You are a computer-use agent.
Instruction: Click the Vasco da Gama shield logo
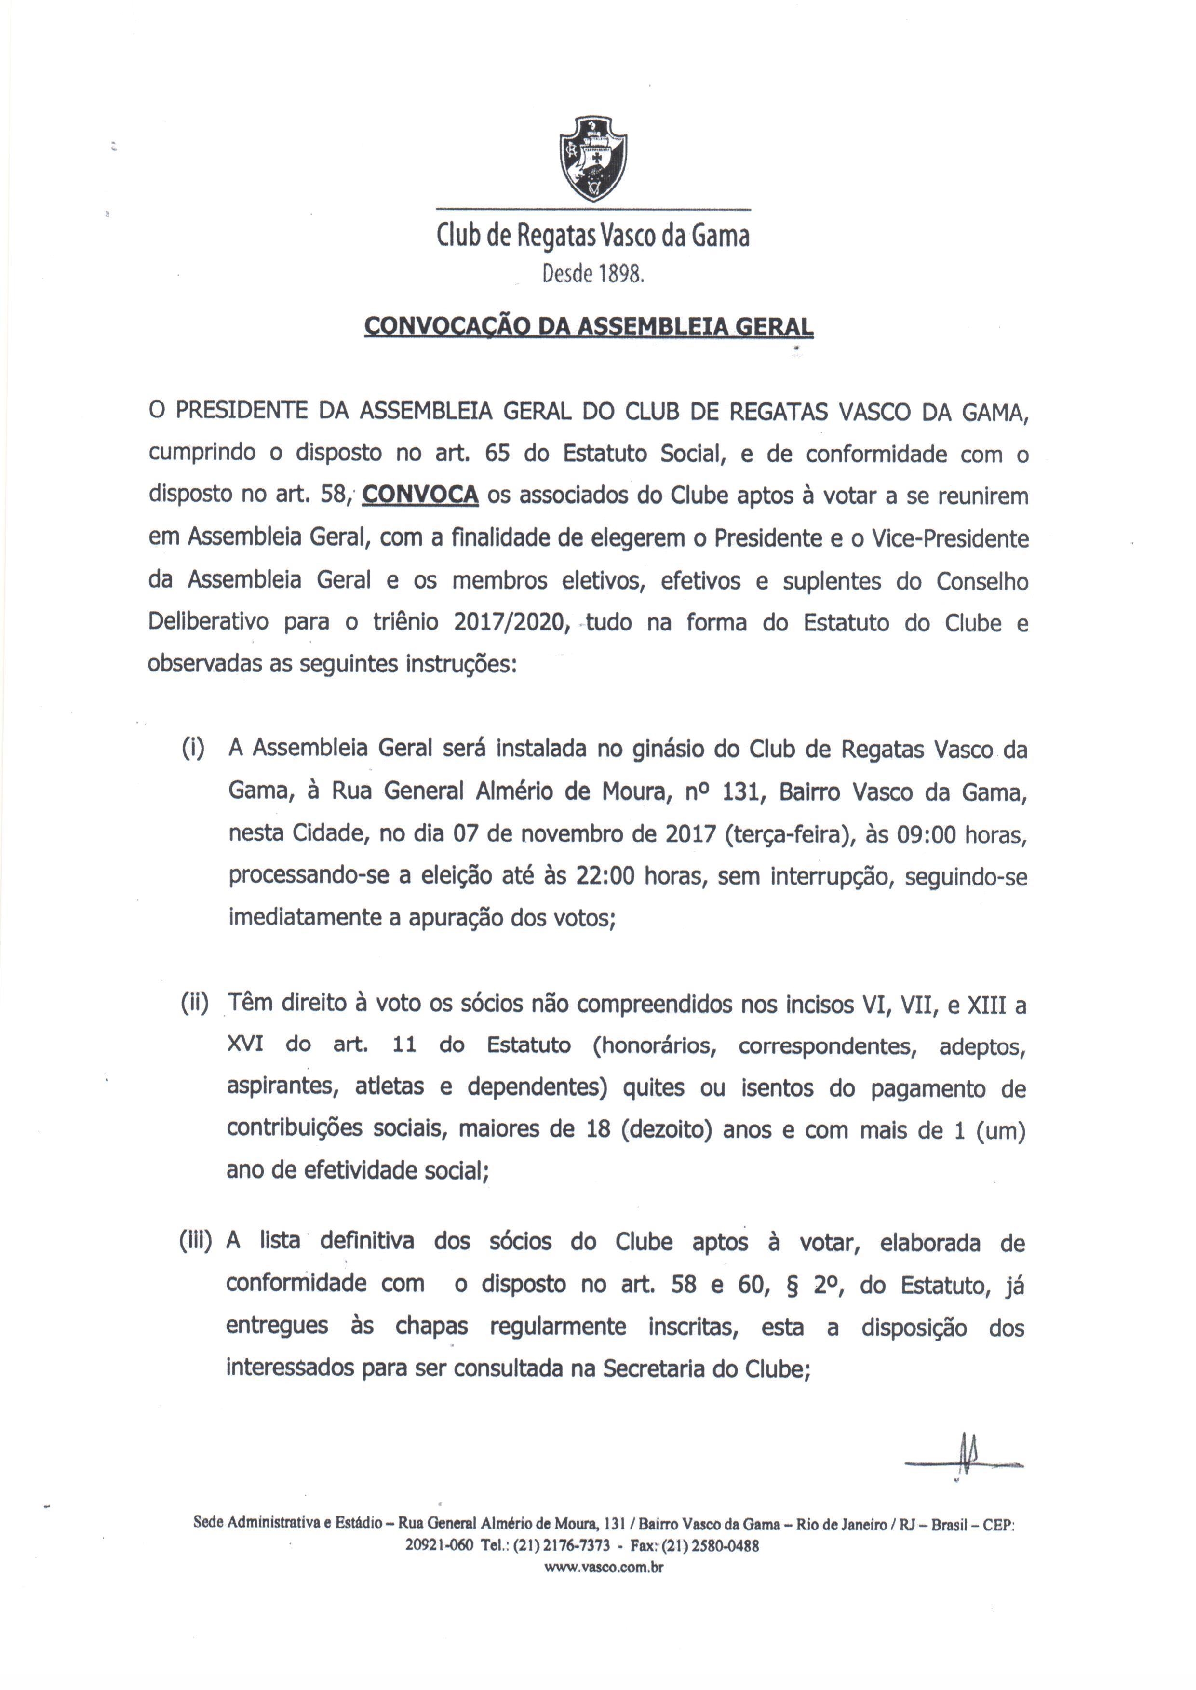coord(593,158)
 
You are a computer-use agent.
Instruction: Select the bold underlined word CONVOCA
coord(420,495)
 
